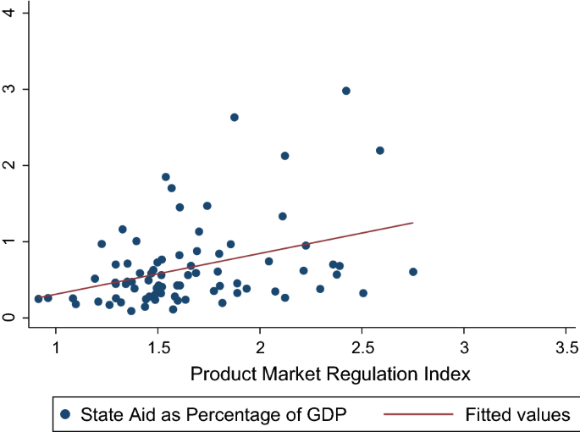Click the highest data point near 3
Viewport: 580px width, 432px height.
(345, 91)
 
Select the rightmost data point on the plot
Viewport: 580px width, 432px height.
(413, 272)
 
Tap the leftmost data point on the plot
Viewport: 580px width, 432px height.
(38, 298)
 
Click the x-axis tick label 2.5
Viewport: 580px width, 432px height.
(362, 348)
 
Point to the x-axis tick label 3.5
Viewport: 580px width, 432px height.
(566, 348)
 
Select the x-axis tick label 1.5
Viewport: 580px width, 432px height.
(157, 348)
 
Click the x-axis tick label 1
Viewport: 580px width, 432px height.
(56, 348)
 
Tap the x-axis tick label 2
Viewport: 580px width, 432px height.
(260, 348)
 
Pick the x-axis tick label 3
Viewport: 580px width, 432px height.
(464, 348)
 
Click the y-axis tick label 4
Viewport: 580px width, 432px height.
(10, 13)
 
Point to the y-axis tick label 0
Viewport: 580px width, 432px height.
(10, 318)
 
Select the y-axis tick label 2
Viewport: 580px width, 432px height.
(10, 165)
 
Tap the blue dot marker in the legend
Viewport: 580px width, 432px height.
(66, 414)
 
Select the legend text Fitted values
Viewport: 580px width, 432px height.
(517, 414)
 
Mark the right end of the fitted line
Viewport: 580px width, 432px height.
(412, 223)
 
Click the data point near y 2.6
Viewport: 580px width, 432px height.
(235, 117)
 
